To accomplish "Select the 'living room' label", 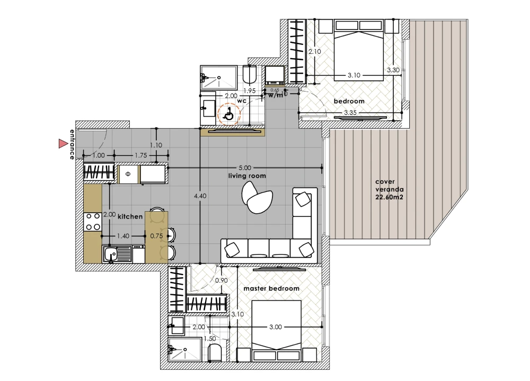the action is (247, 176).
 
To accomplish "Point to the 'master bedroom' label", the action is (271, 288).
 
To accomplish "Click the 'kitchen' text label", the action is (130, 216).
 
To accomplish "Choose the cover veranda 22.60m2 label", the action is (389, 189).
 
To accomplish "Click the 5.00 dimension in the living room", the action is (245, 168).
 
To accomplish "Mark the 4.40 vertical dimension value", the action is (200, 196).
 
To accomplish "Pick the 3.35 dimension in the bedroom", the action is (350, 113).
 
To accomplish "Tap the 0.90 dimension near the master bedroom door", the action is (222, 280).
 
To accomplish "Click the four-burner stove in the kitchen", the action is (93, 221).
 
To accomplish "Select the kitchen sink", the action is (117, 255).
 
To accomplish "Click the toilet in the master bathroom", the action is (215, 353).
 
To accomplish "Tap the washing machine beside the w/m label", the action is (275, 75).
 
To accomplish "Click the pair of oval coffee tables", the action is (257, 197).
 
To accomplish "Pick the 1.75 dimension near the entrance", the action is (140, 156).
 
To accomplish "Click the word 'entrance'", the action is (72, 144).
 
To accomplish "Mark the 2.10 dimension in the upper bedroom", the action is (315, 52).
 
